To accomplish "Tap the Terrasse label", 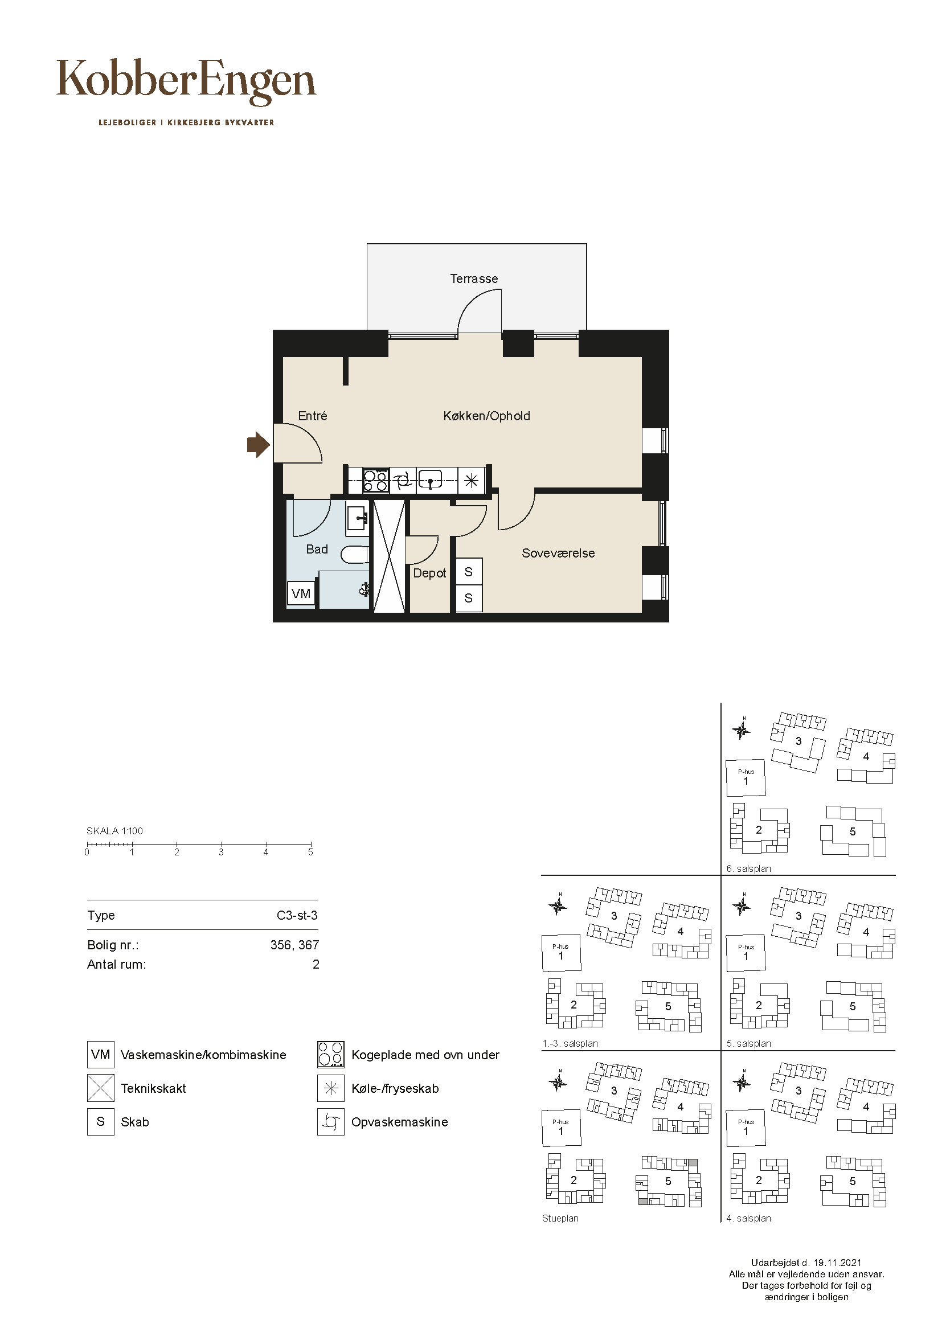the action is [x=474, y=279].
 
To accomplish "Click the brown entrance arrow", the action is [x=258, y=445].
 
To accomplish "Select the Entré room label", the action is [x=313, y=416].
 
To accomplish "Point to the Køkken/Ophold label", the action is [x=486, y=416].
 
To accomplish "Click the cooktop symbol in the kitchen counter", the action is [x=376, y=481].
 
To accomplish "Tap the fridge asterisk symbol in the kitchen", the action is [x=471, y=481].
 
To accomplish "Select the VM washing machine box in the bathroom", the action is [x=301, y=594].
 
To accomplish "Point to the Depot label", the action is [x=430, y=573].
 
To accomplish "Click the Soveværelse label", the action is [x=558, y=554].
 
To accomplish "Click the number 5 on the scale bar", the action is [x=311, y=853].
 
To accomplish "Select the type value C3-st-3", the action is [x=297, y=916].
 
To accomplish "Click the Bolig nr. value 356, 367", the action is [x=294, y=945].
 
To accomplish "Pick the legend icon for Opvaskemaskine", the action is [x=331, y=1122].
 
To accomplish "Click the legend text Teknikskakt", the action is [x=154, y=1088].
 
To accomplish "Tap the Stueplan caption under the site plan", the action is [x=560, y=1218].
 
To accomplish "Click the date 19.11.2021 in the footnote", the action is [x=837, y=1263].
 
